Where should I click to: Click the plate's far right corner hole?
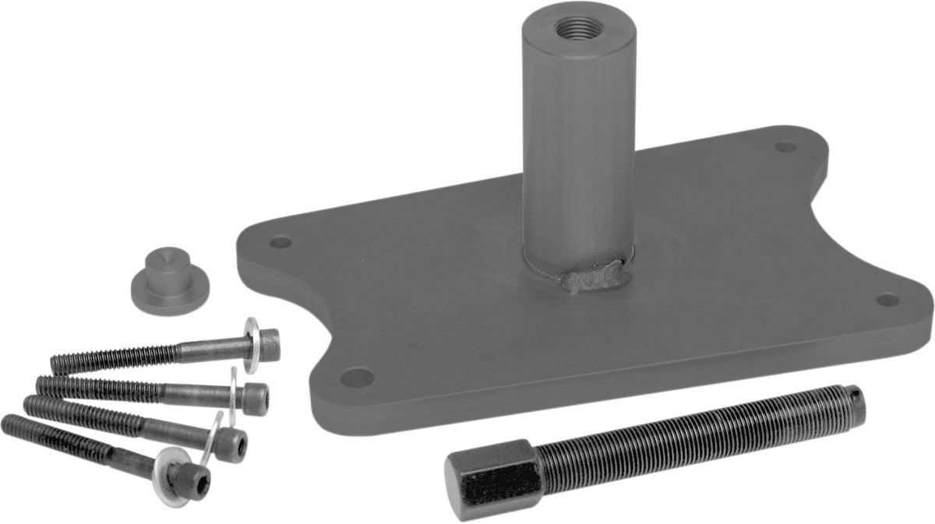coord(887,299)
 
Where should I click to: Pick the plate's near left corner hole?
coord(357,378)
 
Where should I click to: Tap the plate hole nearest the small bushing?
coord(280,242)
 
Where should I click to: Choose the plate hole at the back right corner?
coord(785,146)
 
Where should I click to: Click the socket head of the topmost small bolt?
coord(268,343)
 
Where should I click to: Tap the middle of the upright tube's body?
coord(577,140)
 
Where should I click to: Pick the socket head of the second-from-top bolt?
coord(255,397)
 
